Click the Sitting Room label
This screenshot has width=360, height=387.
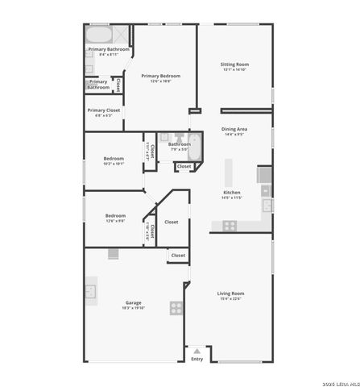234,64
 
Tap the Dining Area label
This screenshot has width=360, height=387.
234,129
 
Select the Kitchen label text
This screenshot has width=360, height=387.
231,193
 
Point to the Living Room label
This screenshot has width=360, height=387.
230,293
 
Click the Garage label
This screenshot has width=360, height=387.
132,303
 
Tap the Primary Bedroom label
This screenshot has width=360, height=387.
160,76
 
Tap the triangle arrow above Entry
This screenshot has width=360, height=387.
197,351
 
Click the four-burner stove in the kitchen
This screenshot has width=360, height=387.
230,225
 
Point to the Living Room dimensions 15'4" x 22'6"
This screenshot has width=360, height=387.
230,299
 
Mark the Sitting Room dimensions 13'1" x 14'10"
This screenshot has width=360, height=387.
234,70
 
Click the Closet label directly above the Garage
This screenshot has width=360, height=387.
178,256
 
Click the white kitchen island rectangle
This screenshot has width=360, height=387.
229,172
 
